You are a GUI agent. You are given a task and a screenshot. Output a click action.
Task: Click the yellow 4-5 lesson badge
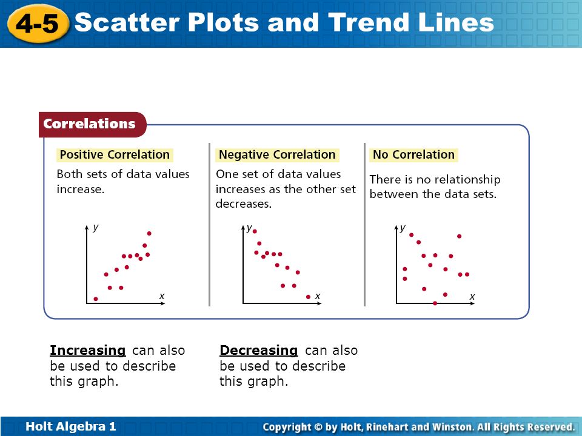[x=38, y=24]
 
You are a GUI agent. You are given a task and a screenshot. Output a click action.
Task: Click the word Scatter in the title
[x=127, y=22]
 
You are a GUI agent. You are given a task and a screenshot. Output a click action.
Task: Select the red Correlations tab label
[x=89, y=124]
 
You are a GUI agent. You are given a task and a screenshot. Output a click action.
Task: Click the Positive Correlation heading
[x=115, y=154]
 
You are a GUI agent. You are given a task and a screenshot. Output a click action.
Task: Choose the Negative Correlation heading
[x=277, y=154]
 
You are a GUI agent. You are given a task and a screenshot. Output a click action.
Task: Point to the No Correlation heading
[x=413, y=154]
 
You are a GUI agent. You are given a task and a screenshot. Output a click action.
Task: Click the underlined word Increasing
[x=88, y=351]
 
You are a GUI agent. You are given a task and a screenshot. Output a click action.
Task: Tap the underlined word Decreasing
[x=259, y=351]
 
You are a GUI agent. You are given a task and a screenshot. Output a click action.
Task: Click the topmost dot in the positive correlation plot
[x=149, y=233]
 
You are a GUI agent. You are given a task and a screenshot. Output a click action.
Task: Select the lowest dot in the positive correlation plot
[x=96, y=299]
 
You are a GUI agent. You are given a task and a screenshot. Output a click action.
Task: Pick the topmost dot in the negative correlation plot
[x=255, y=231]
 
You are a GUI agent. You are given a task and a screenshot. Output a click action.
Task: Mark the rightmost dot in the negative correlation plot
[x=308, y=297]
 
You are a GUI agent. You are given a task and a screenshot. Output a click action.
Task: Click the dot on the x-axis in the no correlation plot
[x=435, y=303]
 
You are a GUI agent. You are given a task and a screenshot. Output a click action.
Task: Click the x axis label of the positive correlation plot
[x=162, y=296]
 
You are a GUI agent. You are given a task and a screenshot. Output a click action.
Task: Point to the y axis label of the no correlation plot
[x=403, y=228]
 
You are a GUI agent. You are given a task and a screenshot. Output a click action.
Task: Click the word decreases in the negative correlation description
[x=244, y=204]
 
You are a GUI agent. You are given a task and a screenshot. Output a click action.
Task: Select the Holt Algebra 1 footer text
[x=70, y=426]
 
